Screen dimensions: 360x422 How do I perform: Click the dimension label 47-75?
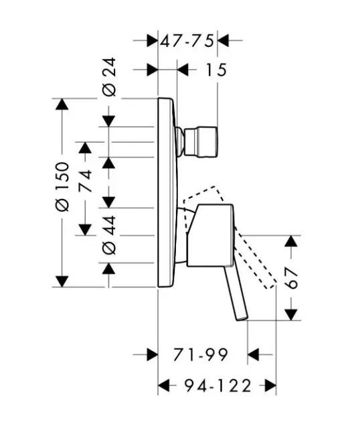click(187, 41)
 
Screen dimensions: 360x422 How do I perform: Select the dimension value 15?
click(216, 70)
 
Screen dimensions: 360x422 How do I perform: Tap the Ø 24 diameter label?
click(110, 77)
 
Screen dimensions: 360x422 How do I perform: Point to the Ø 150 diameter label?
click(62, 186)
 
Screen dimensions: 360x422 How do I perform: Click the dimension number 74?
click(85, 181)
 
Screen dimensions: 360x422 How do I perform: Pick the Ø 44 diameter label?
click(110, 234)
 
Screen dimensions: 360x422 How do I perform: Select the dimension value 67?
click(291, 278)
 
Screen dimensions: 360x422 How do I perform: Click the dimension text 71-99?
click(201, 355)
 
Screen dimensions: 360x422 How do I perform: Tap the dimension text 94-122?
click(217, 386)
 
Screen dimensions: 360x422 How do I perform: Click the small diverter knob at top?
click(201, 141)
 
